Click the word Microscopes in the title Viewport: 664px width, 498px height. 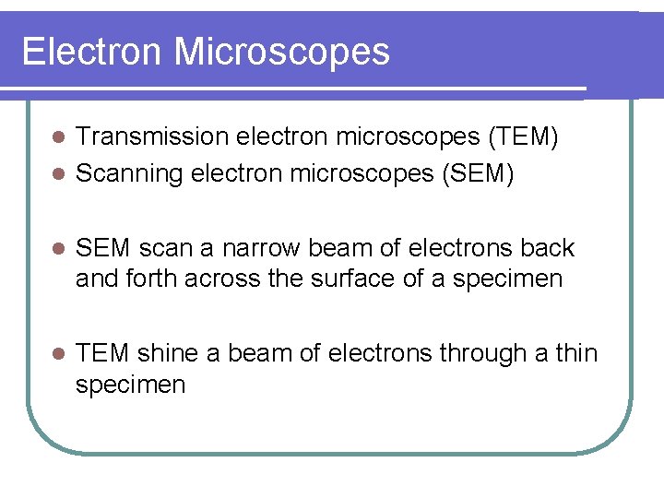coord(281,52)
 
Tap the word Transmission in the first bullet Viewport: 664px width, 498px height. coord(151,136)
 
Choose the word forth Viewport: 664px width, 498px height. coord(151,279)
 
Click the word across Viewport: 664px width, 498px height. coord(222,279)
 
